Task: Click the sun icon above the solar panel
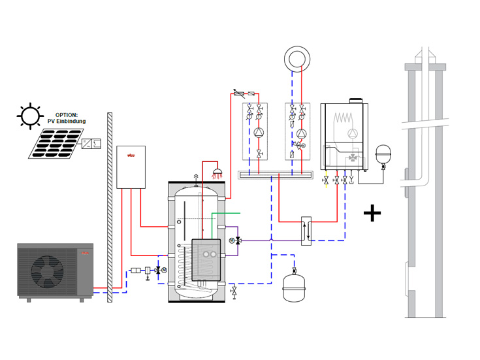tap(30, 116)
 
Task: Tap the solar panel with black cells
tap(55, 143)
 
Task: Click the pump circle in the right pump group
tap(301, 133)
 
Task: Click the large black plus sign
tap(372, 213)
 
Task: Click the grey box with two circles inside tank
tap(206, 254)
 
